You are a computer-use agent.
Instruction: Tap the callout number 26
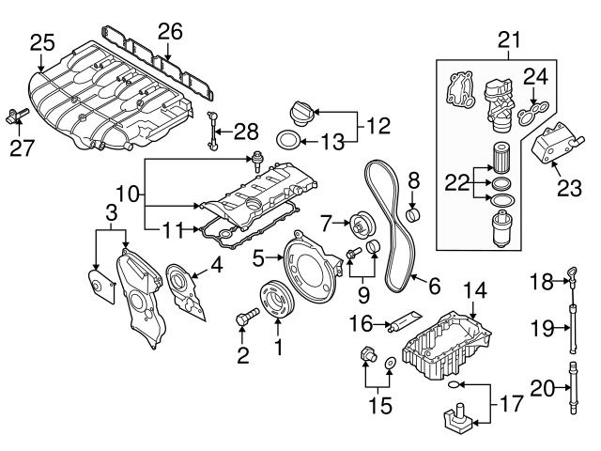pyautogui.click(x=168, y=31)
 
